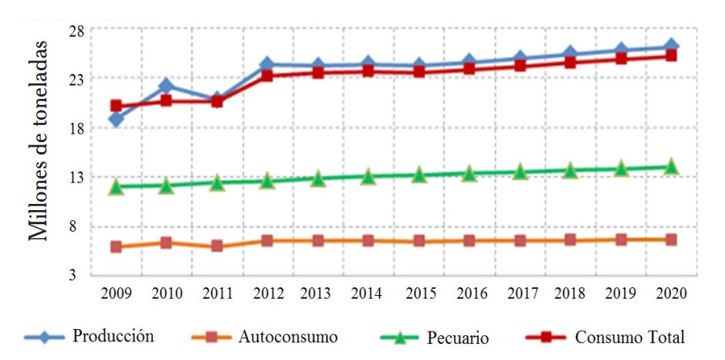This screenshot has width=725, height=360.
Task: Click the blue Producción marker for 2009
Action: pos(116,119)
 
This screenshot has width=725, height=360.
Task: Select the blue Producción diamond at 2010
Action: pos(165,85)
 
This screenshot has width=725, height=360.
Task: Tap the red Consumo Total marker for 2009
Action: pos(116,106)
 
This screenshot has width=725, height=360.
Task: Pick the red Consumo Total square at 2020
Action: pos(671,55)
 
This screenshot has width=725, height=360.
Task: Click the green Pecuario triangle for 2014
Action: pos(368,177)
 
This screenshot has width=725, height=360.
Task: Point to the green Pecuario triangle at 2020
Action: pos(671,166)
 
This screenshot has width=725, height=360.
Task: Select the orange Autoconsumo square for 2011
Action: pos(217,246)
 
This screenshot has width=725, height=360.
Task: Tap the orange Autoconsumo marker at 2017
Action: pos(520,240)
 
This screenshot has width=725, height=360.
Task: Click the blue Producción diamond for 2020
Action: pos(671,46)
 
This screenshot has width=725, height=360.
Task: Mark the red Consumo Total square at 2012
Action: pos(267,75)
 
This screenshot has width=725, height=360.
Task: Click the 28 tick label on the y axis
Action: pos(76,30)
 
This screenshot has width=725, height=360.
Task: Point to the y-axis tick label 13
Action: pos(76,178)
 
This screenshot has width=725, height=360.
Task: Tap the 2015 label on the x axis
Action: pos(418,294)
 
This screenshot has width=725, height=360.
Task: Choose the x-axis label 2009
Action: pos(116,294)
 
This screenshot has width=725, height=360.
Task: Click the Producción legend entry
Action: pos(113,336)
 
